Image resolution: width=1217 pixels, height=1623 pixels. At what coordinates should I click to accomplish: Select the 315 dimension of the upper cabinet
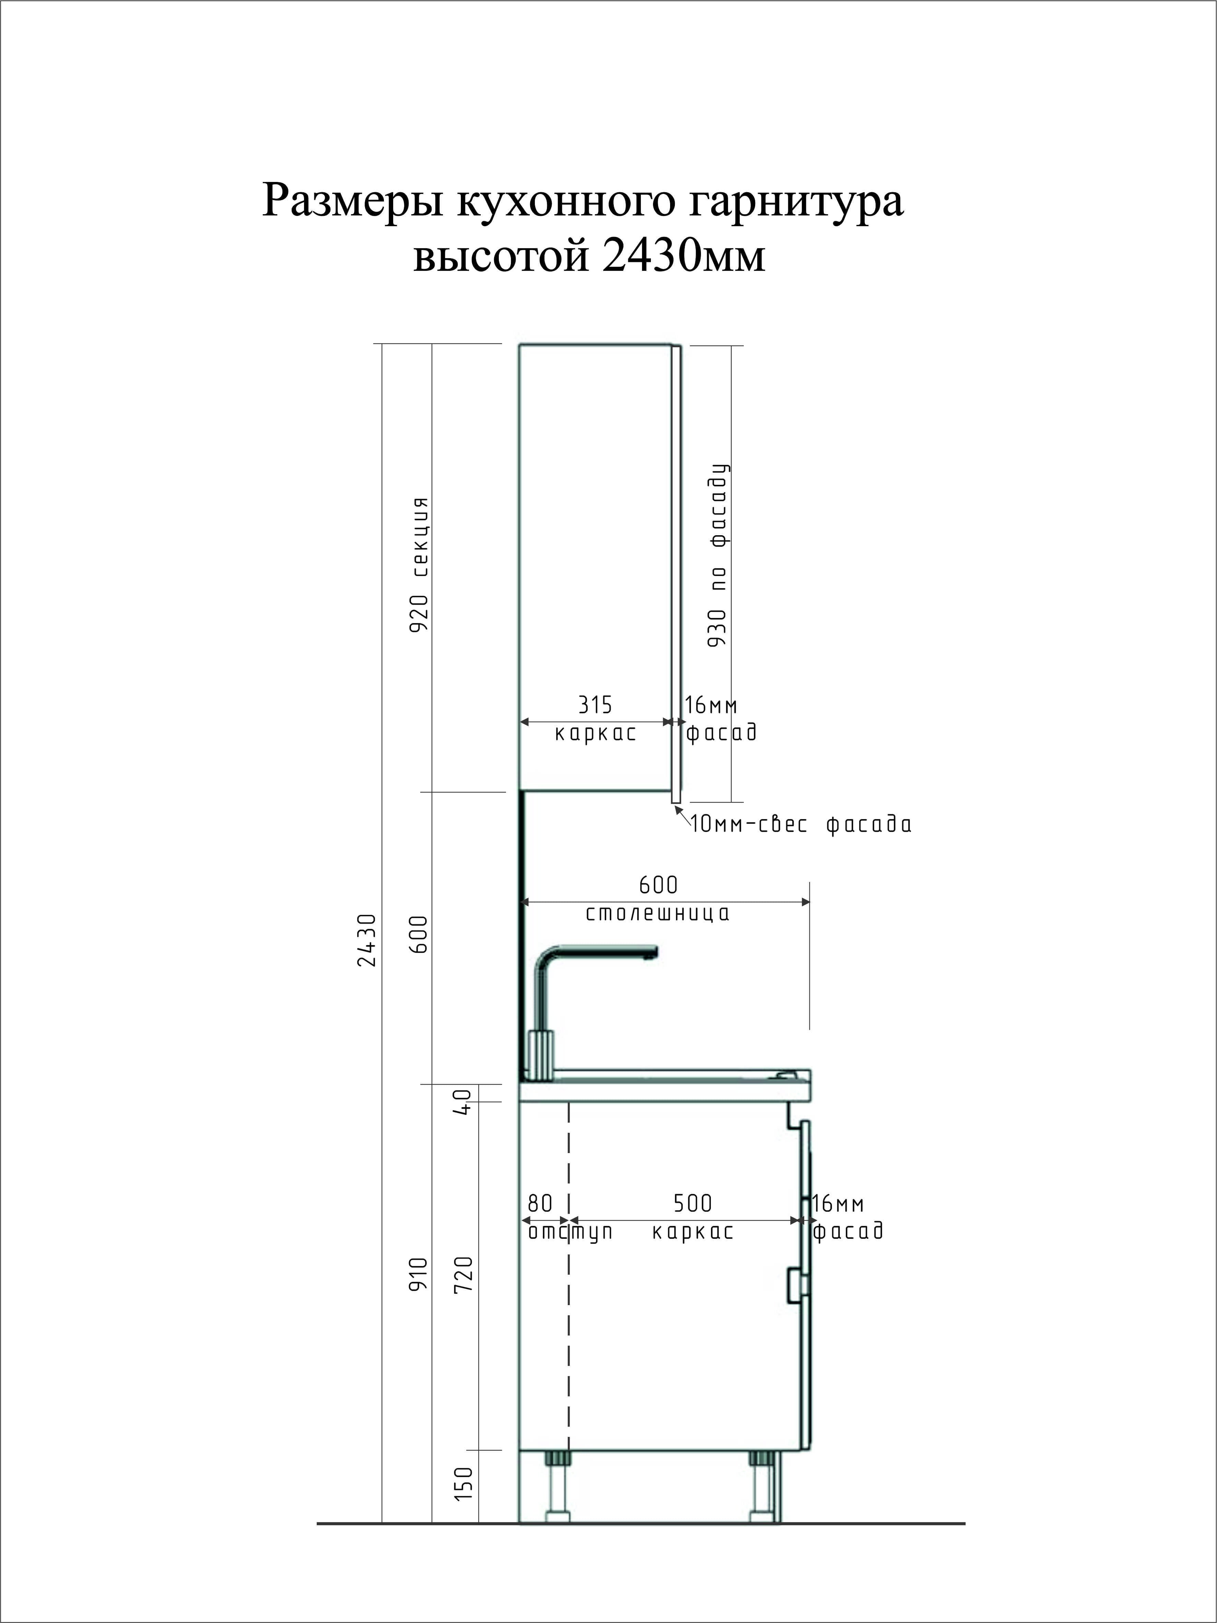pyautogui.click(x=595, y=705)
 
